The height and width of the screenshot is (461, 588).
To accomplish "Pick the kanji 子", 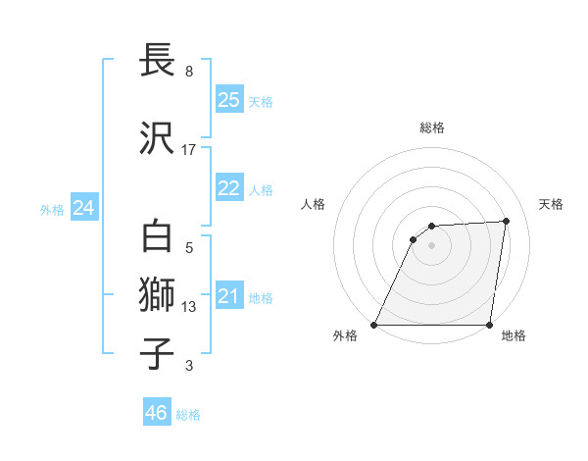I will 158,354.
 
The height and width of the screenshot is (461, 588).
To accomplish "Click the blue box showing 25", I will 228,100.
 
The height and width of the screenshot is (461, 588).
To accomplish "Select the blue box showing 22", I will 228,188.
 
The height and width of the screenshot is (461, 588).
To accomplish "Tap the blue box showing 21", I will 228,296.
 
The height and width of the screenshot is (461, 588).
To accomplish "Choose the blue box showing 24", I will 83,208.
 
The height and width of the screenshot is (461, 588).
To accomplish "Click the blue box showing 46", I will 157,413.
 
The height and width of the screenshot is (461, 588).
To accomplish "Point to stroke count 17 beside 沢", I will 189,150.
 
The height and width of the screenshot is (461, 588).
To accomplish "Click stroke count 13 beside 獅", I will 189,307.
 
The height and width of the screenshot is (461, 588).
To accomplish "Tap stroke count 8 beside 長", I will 189,72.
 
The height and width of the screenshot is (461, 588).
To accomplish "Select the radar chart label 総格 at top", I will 431,128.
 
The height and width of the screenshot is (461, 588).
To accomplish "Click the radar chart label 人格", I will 314,204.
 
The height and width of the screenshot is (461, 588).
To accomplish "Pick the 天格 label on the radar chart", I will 551,204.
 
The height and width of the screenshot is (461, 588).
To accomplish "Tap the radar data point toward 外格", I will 374,325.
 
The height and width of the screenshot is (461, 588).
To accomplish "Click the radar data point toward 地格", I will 489,325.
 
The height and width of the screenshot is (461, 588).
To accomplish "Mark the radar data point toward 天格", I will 507,221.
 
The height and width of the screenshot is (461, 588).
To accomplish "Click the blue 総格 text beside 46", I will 188,415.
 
